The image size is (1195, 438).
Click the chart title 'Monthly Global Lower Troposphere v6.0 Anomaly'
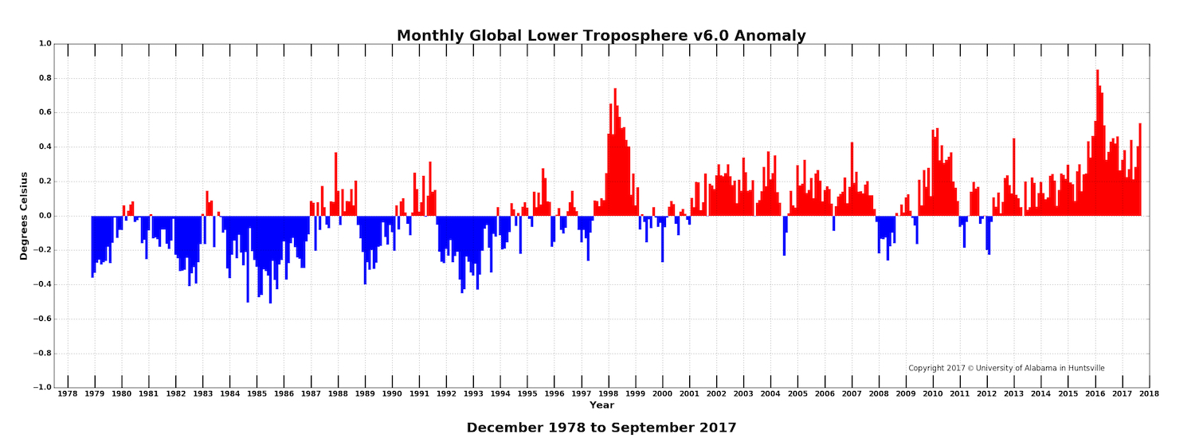pyautogui.click(x=601, y=36)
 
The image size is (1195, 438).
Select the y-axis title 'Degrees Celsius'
pyautogui.click(x=25, y=216)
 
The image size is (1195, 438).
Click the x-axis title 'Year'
pyautogui.click(x=601, y=405)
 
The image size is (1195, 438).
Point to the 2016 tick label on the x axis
pyautogui.click(x=1095, y=393)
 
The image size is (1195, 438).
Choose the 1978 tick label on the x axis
pyautogui.click(x=68, y=393)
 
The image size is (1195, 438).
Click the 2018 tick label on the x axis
pyautogui.click(x=1150, y=393)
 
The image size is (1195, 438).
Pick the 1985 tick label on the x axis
pyautogui.click(x=257, y=393)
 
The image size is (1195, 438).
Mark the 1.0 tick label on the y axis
pyautogui.click(x=44, y=44)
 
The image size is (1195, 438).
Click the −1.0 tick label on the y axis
pyautogui.click(x=41, y=388)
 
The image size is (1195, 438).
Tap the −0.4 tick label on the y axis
pyautogui.click(x=41, y=284)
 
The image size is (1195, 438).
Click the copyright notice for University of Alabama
pyautogui.click(x=1006, y=368)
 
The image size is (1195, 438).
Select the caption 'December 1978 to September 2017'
pyautogui.click(x=601, y=428)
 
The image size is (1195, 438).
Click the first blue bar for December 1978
pyautogui.click(x=92, y=246)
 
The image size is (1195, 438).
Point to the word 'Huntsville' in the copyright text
pyautogui.click(x=1085, y=368)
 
